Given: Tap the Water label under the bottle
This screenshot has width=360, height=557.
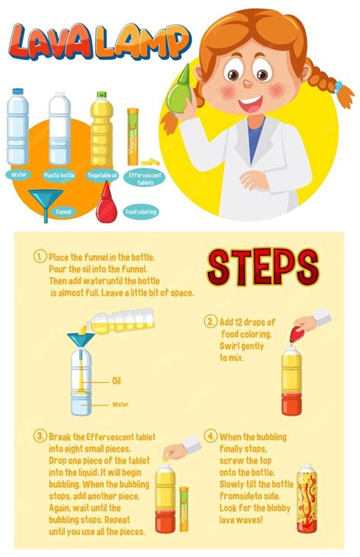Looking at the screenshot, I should [x=18, y=174].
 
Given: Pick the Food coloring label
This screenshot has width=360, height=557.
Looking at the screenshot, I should [x=141, y=212].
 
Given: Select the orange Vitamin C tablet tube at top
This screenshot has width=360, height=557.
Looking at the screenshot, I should [x=132, y=137].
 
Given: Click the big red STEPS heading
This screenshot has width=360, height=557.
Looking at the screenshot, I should [x=262, y=267].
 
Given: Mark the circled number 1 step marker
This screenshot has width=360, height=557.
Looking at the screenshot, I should [x=40, y=257].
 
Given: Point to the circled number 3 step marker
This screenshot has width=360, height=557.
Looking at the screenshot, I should [x=40, y=436].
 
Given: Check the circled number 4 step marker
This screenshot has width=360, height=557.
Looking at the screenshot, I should [x=210, y=436].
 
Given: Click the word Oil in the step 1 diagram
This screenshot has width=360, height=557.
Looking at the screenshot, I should [x=116, y=381].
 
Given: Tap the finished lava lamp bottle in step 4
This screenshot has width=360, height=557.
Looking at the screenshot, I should [x=305, y=498].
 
